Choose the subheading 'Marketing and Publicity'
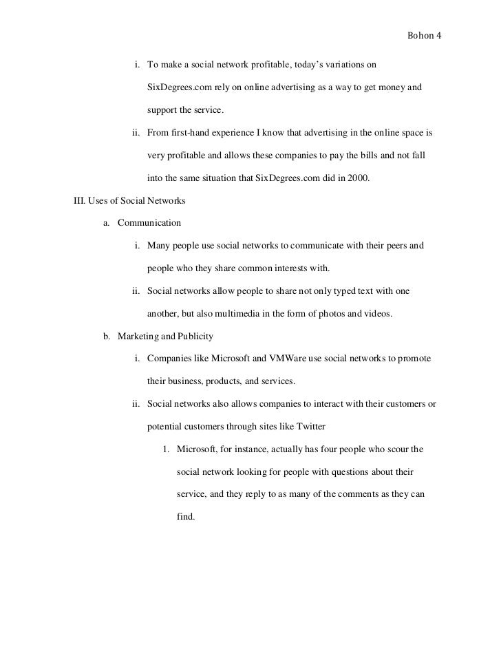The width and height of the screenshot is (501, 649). [165, 337]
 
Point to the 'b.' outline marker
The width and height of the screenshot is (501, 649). [107, 337]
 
